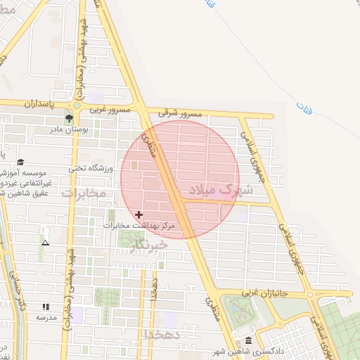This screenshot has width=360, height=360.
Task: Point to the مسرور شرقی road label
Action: pos(181,113)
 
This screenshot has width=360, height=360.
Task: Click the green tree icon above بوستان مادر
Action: pos(69,118)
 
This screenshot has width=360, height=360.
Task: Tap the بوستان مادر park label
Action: pos(68,129)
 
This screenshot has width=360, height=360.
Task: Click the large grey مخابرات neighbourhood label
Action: pos(83,192)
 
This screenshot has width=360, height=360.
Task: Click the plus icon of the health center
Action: pos(139,214)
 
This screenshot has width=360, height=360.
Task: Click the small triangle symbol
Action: pos(46,243)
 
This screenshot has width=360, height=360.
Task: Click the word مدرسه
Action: pos(46,317)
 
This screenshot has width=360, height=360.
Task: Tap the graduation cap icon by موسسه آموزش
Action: pos(20,162)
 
